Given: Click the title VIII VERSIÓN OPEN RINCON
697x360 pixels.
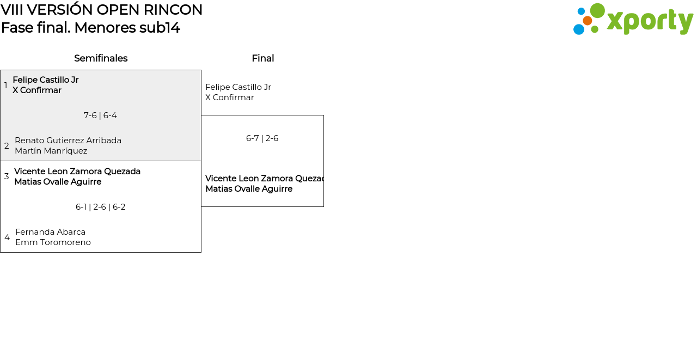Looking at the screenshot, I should coord(102,10).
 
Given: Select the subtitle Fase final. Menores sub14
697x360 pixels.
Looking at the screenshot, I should coord(90,28).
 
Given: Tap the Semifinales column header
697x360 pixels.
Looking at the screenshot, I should coord(101,58).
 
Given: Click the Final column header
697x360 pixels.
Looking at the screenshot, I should coord(262,58).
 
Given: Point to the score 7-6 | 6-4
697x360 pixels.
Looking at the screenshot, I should coord(100,115).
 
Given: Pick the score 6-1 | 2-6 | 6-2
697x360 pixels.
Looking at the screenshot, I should coord(101,207).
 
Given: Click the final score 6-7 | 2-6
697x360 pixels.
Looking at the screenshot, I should coord(262,138).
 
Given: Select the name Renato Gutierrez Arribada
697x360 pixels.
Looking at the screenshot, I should coord(68,141).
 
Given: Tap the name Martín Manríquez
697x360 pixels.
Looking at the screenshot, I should coord(51,151).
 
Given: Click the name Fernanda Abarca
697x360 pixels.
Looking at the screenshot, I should coord(50,232).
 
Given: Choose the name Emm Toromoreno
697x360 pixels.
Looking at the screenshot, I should coord(53,242).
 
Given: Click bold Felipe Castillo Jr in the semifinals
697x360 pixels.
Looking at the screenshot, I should coord(46,80).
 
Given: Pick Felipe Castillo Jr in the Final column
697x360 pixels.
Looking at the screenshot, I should coord(238,87).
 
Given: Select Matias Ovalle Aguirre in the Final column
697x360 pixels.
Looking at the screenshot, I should coord(249,189).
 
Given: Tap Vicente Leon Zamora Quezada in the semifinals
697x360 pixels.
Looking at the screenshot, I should coord(77,172).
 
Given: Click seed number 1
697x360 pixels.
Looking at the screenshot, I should coord(6,86).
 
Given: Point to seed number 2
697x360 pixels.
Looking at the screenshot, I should coord(7,146).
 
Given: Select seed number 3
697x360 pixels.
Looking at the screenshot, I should coord(7,176).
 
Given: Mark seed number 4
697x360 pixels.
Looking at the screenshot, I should coord(7,237).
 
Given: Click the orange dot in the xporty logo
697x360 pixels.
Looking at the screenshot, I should coord(588,21).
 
